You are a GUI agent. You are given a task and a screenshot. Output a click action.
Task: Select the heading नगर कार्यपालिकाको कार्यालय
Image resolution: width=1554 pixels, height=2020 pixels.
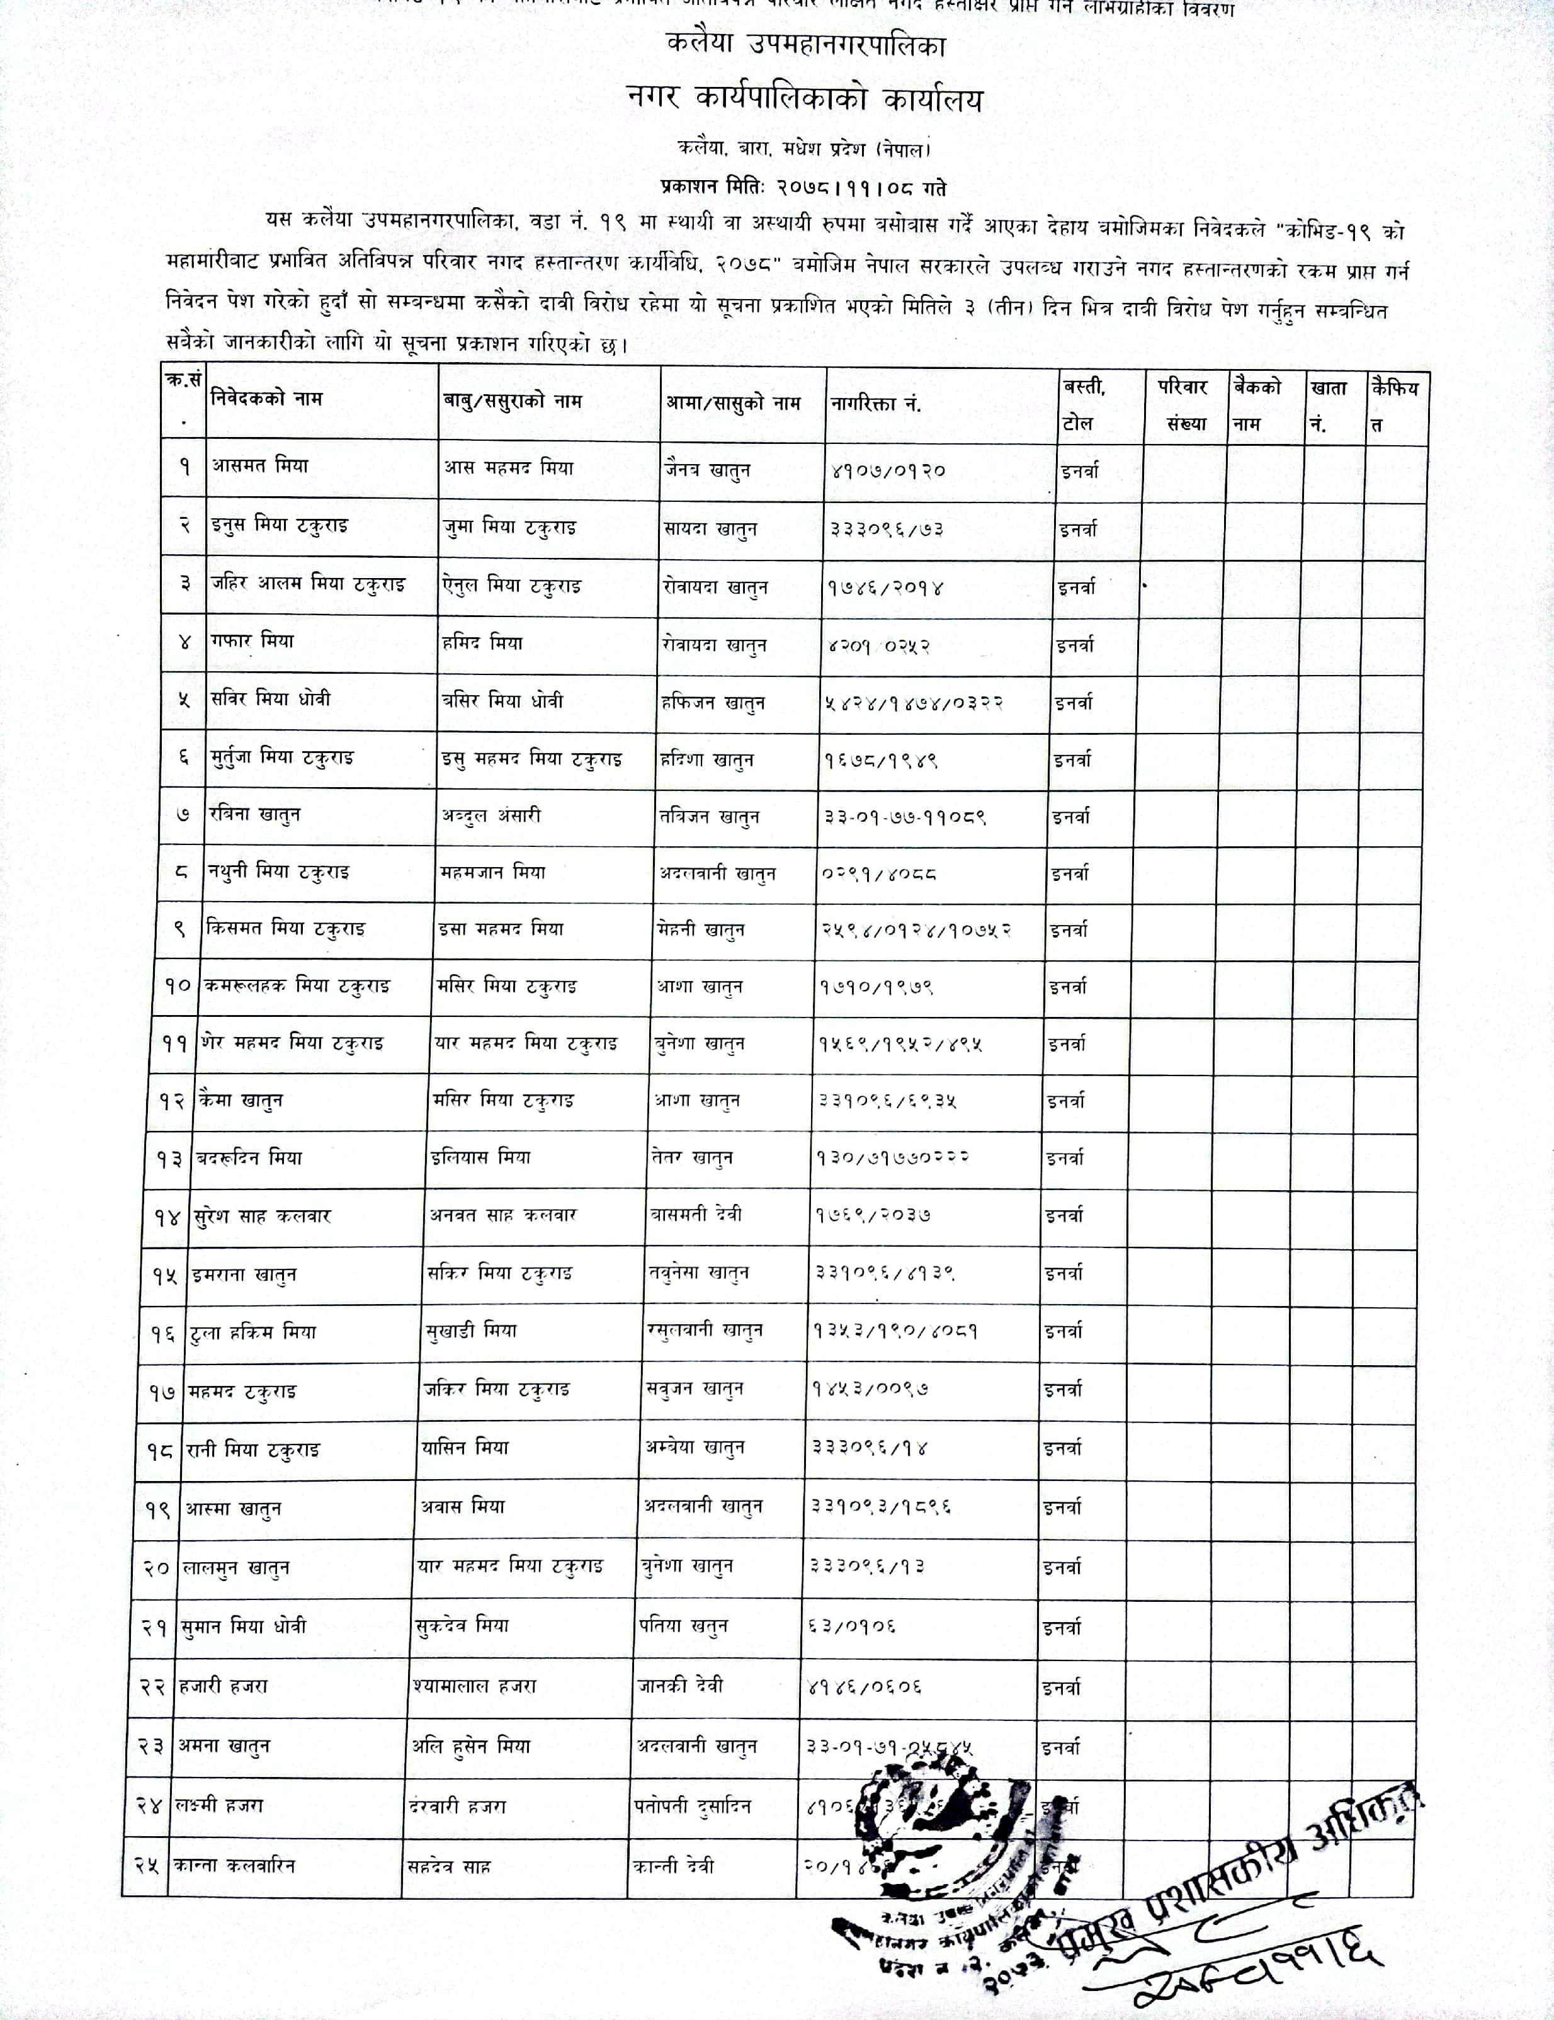804,99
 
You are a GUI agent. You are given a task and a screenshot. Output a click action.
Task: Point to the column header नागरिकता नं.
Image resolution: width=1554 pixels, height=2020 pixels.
875,403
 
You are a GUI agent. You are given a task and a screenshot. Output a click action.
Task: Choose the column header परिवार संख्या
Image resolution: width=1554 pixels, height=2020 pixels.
1184,404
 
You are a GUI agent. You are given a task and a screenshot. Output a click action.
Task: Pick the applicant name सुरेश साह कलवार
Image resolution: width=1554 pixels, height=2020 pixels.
263,1217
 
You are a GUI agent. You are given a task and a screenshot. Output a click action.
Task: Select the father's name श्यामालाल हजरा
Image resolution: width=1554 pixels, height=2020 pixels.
475,1686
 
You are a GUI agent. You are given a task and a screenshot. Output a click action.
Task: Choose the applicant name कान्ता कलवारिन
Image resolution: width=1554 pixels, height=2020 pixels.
234,1866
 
